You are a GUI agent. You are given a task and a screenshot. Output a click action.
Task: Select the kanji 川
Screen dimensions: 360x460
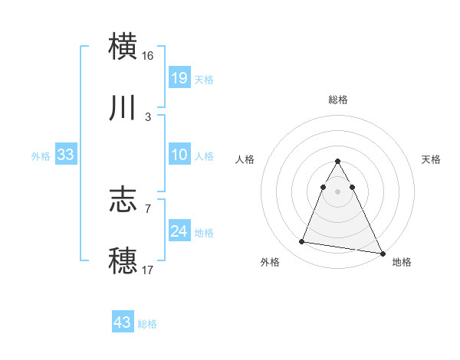click(x=123, y=109)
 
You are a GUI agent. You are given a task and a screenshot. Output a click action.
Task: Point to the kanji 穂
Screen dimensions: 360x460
click(x=123, y=260)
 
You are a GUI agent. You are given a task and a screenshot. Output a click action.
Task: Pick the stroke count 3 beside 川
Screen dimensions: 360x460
click(x=148, y=117)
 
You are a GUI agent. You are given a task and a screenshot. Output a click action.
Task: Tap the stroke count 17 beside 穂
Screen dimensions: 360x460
click(x=149, y=269)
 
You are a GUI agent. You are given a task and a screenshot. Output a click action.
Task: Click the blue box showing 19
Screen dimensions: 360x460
click(x=179, y=78)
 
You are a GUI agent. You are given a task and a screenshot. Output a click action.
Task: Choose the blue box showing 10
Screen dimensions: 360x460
click(x=179, y=155)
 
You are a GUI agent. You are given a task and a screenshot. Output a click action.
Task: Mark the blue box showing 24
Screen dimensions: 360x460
click(x=179, y=231)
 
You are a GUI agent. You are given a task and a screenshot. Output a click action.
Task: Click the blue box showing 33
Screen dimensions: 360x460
click(x=66, y=155)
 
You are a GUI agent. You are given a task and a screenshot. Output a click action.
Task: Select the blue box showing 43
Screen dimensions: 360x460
click(x=123, y=322)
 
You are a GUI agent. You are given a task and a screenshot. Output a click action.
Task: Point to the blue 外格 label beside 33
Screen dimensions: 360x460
click(x=41, y=155)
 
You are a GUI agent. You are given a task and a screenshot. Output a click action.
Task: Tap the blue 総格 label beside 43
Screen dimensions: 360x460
click(x=147, y=323)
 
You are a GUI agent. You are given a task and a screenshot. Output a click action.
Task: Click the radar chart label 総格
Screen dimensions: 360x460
click(x=338, y=100)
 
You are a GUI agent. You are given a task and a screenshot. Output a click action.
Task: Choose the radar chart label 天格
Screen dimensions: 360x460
click(x=431, y=159)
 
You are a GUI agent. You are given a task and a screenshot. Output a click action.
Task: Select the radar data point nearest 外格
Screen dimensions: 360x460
click(x=302, y=242)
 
